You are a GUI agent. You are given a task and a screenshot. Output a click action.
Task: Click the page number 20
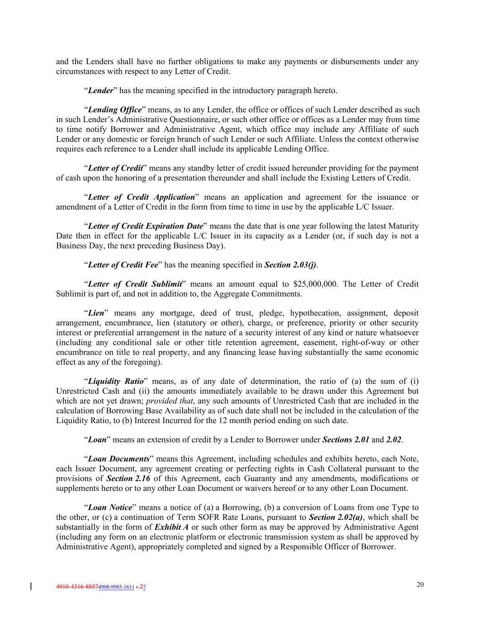click(420, 584)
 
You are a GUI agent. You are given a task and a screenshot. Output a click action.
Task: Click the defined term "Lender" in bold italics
click(100, 90)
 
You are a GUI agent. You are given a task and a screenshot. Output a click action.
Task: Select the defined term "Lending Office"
click(115, 110)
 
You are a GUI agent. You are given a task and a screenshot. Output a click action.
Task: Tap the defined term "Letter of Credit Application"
click(141, 197)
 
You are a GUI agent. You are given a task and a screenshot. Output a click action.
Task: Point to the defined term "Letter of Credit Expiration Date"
click(145, 226)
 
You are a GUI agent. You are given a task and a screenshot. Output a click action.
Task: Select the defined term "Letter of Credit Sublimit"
click(135, 284)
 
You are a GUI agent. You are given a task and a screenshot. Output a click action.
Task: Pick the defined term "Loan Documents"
click(118, 459)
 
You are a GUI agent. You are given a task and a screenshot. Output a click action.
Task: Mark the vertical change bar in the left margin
click(31, 587)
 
